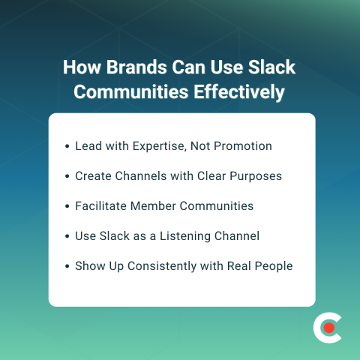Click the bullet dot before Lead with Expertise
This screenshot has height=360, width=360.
tap(68, 146)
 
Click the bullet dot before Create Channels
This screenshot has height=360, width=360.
tap(68, 176)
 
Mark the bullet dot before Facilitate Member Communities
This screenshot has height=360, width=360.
tap(68, 206)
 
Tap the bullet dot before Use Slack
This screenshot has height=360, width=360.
tap(68, 236)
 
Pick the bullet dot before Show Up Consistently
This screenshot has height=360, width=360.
tap(68, 266)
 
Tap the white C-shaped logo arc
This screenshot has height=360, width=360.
tap(318, 328)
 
